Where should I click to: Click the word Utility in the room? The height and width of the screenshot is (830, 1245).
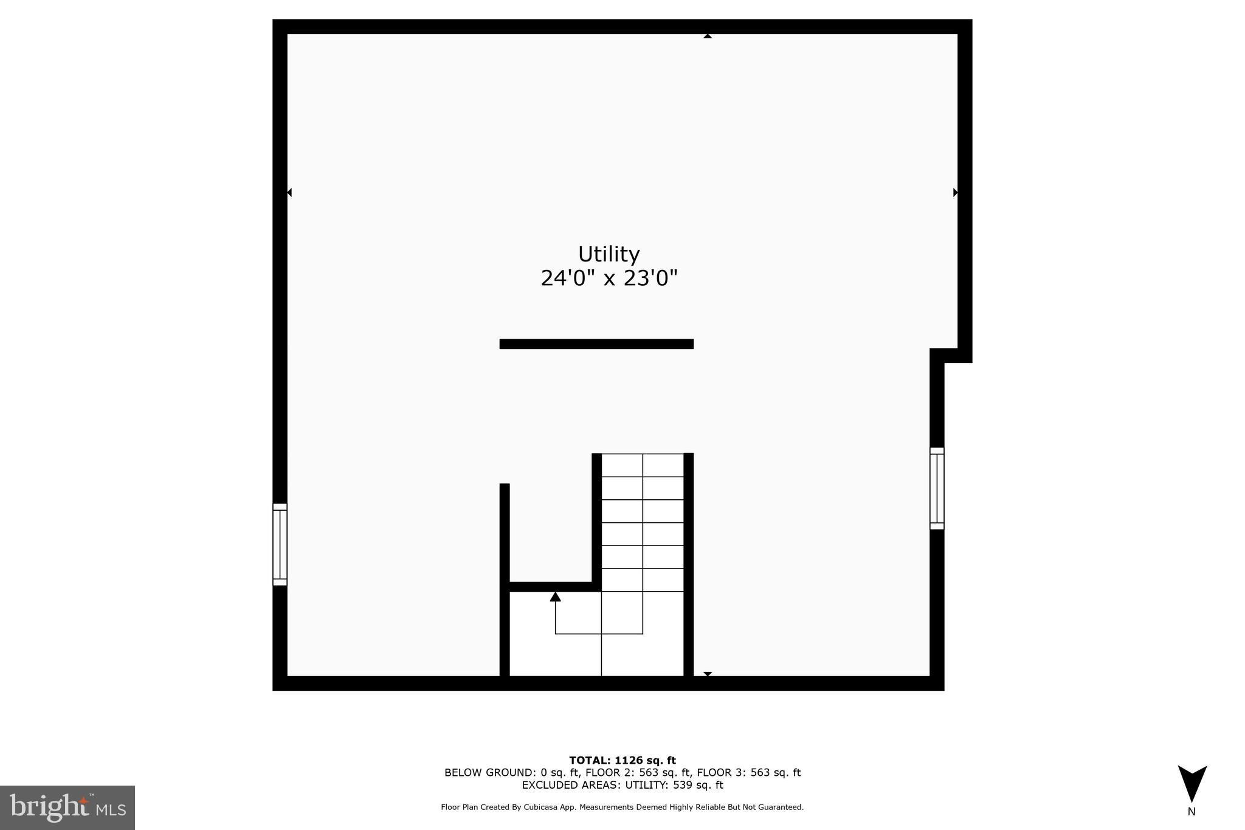tap(609, 254)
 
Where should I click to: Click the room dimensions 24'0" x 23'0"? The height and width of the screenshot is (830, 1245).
tap(609, 278)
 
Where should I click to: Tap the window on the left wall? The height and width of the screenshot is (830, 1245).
tap(280, 544)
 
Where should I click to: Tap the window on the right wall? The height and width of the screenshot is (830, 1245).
tap(937, 488)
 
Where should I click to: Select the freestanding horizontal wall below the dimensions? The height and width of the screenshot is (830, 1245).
tap(596, 344)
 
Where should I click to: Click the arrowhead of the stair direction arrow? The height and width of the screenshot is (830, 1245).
tap(555, 597)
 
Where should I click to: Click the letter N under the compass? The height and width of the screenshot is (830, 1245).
tap(1192, 811)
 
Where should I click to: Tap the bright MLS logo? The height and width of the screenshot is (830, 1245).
tap(67, 808)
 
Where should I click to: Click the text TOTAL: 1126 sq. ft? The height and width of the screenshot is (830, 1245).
tap(622, 760)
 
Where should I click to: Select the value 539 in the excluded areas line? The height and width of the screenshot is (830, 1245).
tap(683, 785)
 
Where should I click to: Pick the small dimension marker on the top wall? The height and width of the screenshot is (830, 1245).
tap(708, 36)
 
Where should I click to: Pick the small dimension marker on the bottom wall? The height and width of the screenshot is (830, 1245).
tap(708, 674)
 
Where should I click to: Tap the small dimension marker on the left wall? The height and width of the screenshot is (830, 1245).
tap(289, 193)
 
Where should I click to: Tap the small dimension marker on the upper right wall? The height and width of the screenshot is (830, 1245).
tap(956, 193)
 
